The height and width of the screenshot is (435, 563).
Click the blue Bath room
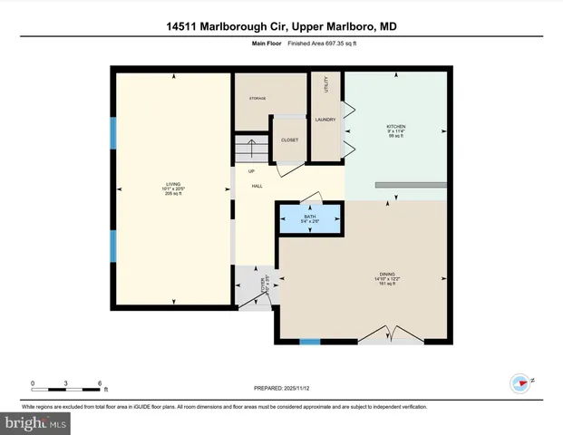pyautogui.click(x=310, y=219)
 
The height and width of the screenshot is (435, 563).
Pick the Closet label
pyautogui.click(x=290, y=140)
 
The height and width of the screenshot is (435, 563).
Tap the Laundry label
pyautogui.click(x=325, y=119)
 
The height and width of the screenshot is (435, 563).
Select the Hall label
pyautogui.click(x=257, y=186)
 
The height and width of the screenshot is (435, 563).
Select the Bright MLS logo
pyautogui.click(x=36, y=422)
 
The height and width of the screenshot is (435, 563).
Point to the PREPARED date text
pyautogui.click(x=281, y=387)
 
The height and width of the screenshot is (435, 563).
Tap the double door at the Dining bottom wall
pyautogui.click(x=391, y=335)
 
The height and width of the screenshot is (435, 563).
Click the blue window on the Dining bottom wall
pyautogui.click(x=311, y=342)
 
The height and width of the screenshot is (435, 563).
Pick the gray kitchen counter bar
pyautogui.click(x=413, y=185)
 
